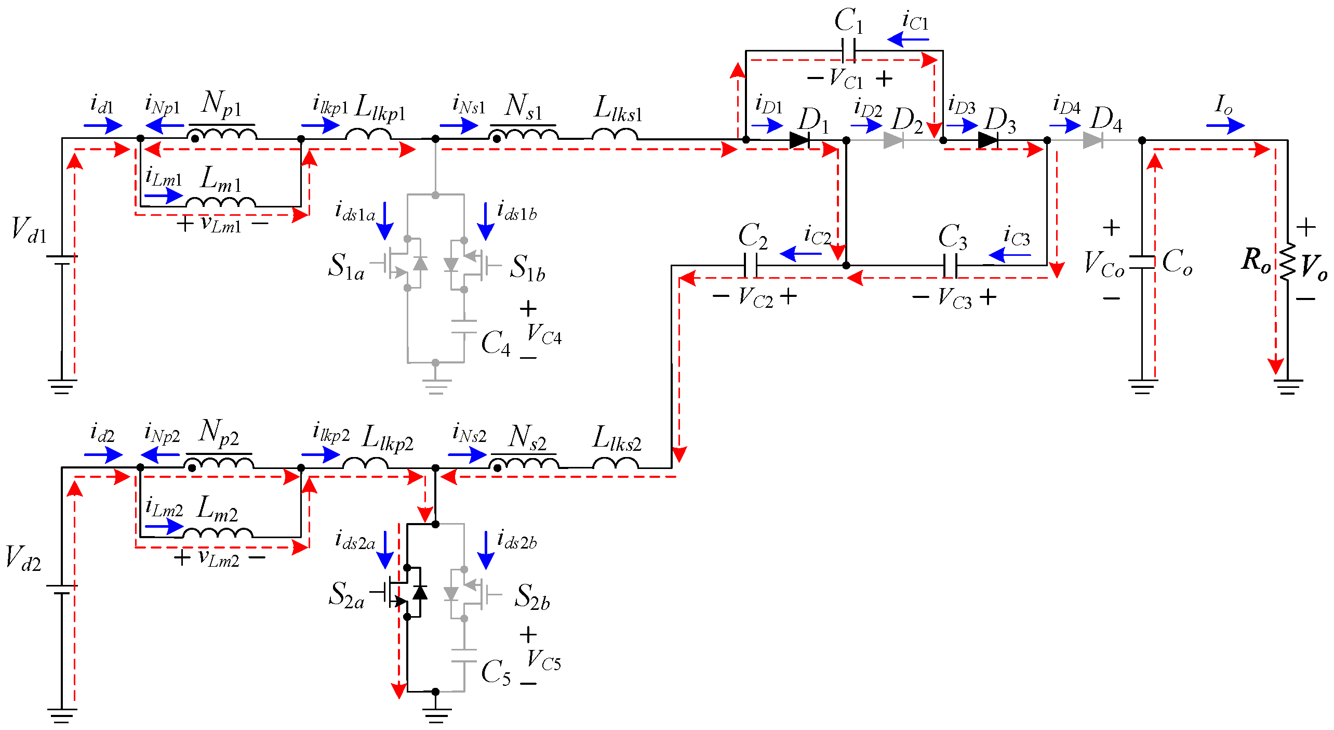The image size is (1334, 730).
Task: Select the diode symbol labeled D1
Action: point(799,140)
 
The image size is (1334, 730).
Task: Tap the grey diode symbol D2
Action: point(893,140)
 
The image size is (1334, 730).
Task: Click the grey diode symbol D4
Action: point(1093,140)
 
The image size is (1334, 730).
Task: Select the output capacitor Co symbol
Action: point(1142,263)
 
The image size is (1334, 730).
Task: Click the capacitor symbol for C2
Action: point(750,266)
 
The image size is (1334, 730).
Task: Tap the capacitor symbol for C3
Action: point(950,266)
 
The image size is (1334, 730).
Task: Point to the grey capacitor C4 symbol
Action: point(464,327)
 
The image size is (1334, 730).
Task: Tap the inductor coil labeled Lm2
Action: point(218,533)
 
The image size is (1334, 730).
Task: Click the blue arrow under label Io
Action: point(1225,125)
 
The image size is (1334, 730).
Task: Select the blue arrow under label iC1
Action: point(908,40)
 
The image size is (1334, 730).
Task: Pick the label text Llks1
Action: point(618,109)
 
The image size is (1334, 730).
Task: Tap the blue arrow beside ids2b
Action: point(486,550)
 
